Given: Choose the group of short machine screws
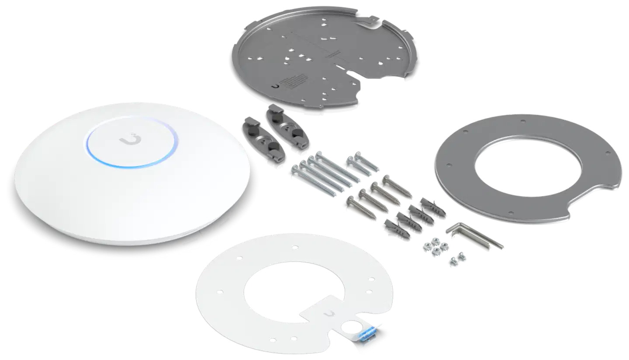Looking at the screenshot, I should coord(360,164).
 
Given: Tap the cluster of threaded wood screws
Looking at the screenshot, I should coord(376,194).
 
